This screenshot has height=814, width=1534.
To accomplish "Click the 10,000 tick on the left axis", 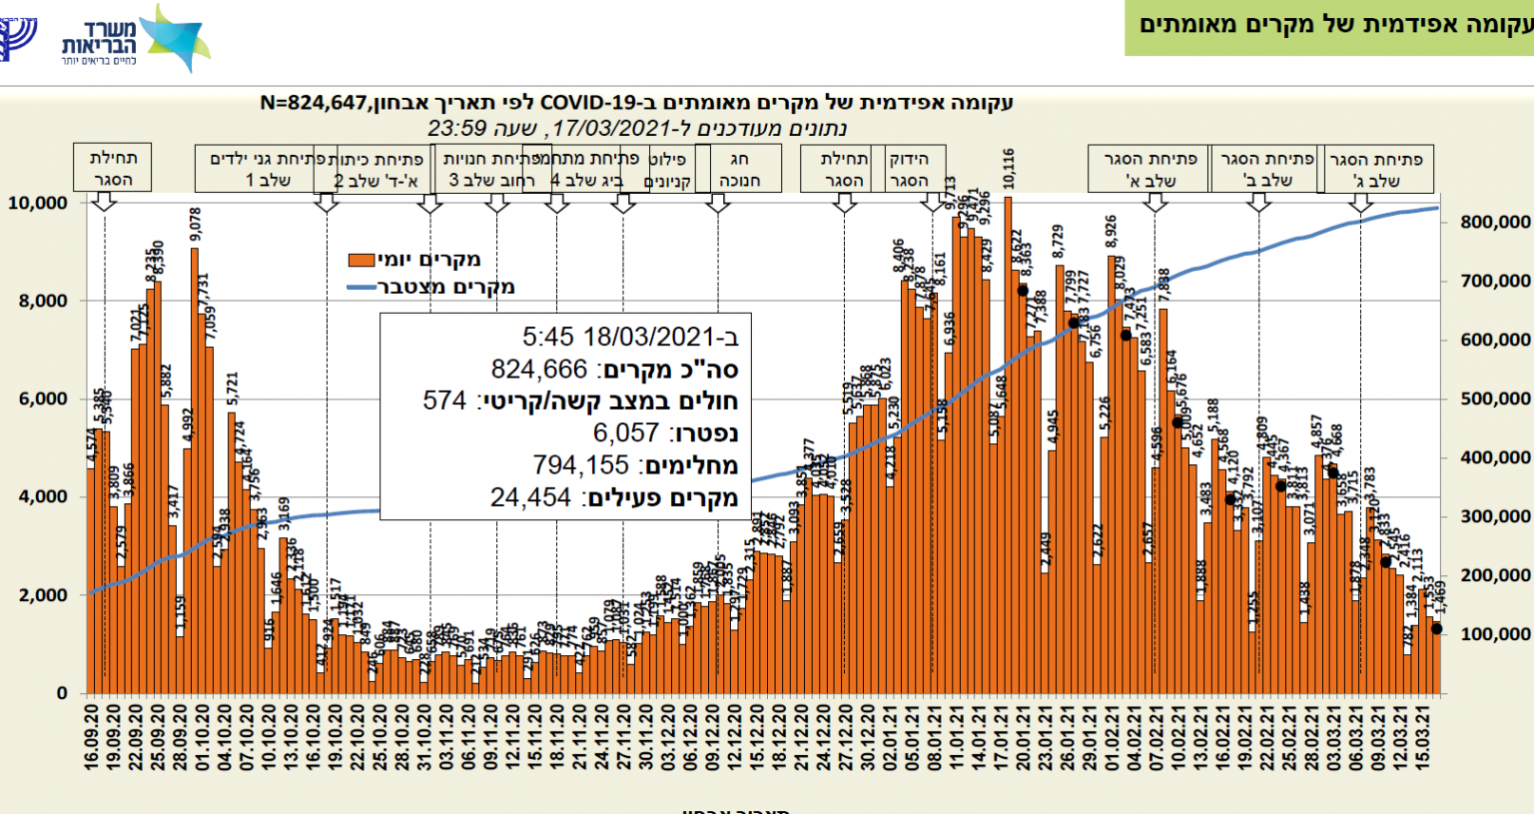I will (x=38, y=203).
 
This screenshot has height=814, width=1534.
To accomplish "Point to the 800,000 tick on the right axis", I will (x=1495, y=222).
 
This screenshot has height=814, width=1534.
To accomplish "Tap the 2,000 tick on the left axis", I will (x=44, y=595).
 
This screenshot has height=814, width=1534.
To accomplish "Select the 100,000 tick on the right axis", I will (x=1495, y=634).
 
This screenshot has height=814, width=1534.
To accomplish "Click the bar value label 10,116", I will (x=1009, y=169).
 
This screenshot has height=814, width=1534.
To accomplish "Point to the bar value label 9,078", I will (x=196, y=224).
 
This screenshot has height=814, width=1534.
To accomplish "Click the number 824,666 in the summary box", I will (x=539, y=370).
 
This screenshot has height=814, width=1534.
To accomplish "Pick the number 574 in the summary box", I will (x=444, y=401).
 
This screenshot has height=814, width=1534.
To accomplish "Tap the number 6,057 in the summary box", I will (x=625, y=432).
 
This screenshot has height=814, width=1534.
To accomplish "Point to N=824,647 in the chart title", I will (x=318, y=103).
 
